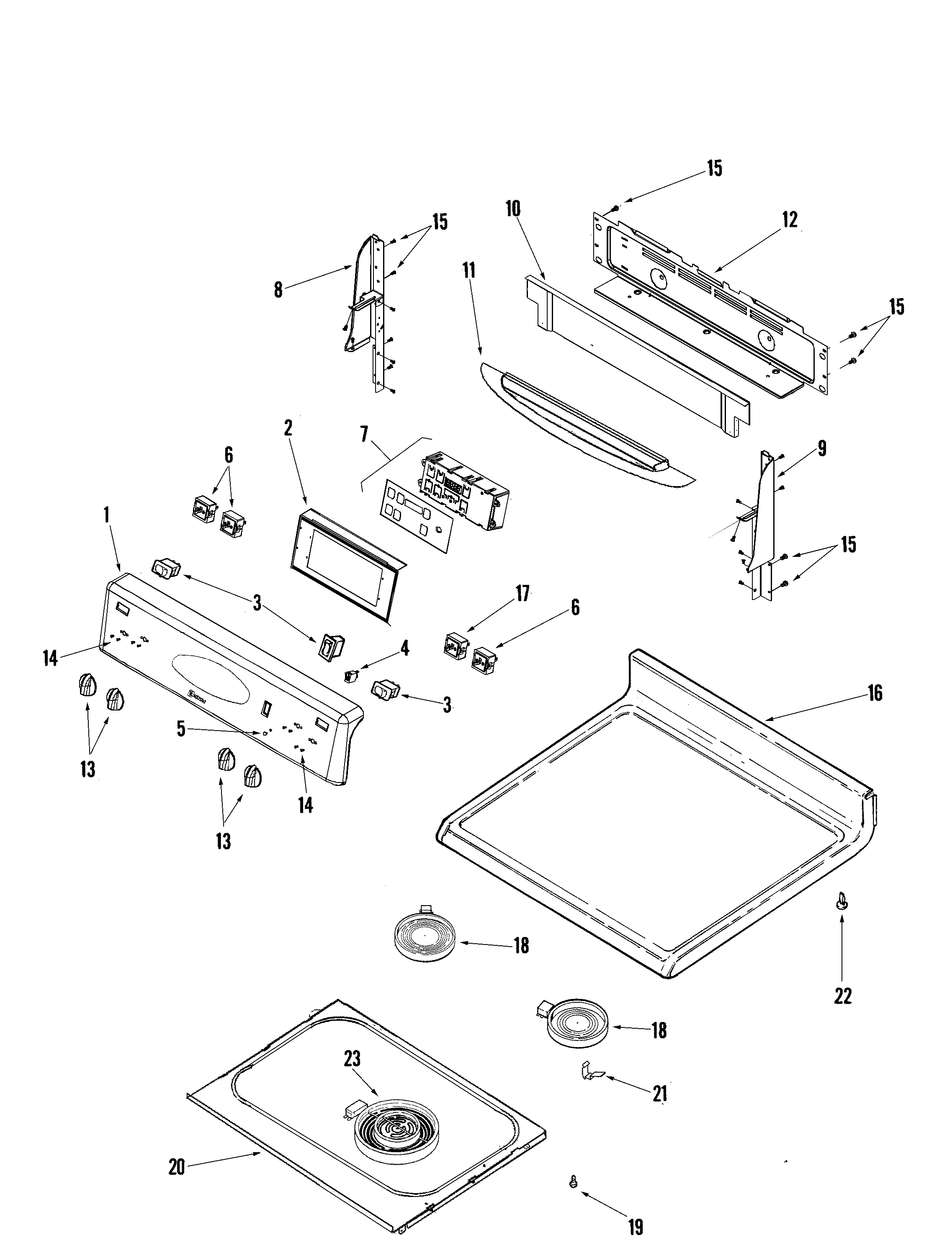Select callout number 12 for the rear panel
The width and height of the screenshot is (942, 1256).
(x=789, y=220)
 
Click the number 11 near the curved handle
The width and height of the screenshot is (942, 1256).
(x=468, y=270)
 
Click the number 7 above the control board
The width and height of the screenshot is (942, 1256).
(x=363, y=435)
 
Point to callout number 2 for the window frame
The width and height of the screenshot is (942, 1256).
(x=288, y=428)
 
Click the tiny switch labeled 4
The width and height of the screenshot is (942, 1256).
(x=350, y=675)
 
